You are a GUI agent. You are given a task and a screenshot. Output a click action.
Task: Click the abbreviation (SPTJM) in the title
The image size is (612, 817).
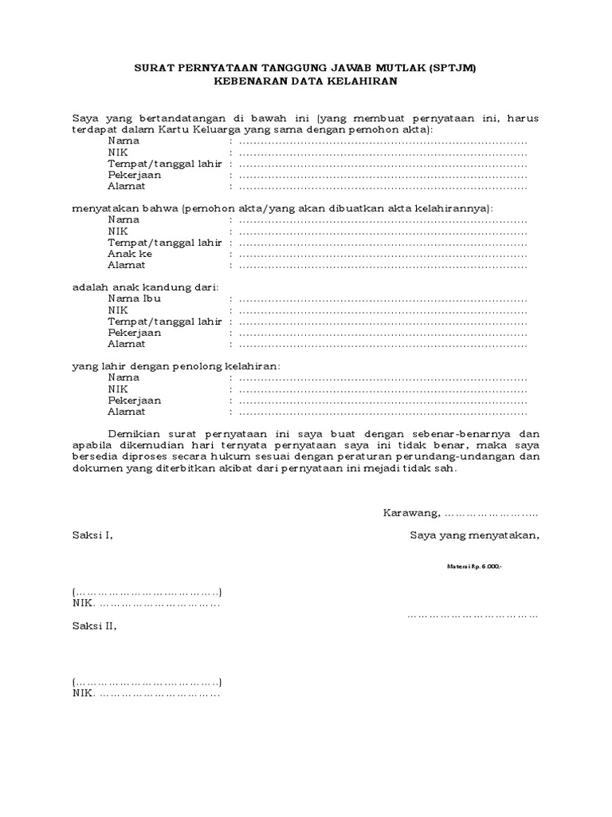pyautogui.click(x=452, y=69)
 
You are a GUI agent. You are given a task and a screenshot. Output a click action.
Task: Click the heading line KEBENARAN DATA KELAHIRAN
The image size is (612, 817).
pyautogui.click(x=306, y=81)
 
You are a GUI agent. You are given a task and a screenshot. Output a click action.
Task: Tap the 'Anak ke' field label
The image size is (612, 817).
pyautogui.click(x=130, y=253)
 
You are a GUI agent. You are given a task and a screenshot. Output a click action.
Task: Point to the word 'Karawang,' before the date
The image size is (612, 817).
pyautogui.click(x=412, y=512)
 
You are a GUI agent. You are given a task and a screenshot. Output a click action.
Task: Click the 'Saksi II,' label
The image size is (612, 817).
pyautogui.click(x=94, y=626)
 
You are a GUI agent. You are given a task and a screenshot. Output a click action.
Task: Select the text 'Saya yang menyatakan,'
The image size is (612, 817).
pyautogui.click(x=474, y=535)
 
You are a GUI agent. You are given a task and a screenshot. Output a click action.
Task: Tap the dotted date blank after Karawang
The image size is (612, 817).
pyautogui.click(x=491, y=513)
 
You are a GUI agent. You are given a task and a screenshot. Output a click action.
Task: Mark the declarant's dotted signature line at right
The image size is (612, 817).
pyautogui.click(x=473, y=615)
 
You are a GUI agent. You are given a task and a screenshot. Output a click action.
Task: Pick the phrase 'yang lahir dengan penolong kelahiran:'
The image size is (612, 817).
pyautogui.click(x=176, y=365)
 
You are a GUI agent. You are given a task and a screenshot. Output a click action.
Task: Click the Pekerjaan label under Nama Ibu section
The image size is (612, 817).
pyautogui.click(x=135, y=332)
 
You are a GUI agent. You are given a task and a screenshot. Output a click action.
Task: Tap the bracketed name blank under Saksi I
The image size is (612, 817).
pyautogui.click(x=147, y=592)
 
